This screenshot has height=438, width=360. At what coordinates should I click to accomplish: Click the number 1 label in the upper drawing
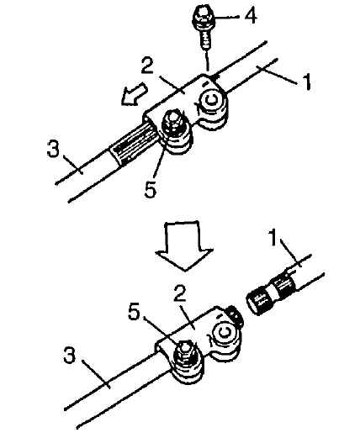click(307, 82)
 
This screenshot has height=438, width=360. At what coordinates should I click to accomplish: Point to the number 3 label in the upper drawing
click(53, 149)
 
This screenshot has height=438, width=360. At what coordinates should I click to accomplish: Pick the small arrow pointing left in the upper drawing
click(134, 95)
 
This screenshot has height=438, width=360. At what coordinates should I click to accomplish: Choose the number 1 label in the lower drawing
click(273, 237)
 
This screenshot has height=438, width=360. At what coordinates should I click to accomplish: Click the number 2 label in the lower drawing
click(180, 293)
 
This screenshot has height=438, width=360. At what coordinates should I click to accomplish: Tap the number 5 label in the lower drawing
click(134, 312)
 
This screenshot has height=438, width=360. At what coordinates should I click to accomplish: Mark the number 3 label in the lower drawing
click(70, 355)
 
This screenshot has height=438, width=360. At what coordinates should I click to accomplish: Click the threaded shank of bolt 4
click(205, 40)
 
